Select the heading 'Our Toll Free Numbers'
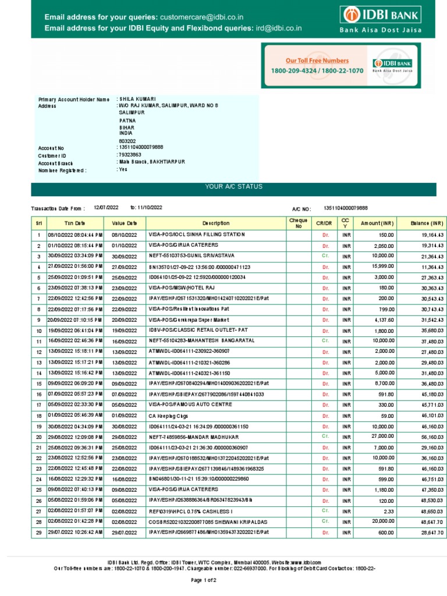[x=317, y=61]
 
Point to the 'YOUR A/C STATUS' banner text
[x=233, y=186]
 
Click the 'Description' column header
[x=216, y=223]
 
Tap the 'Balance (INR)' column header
[x=427, y=223]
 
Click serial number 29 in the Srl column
[x=38, y=532]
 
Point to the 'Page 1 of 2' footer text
[x=204, y=580]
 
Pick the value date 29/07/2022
[x=124, y=532]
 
